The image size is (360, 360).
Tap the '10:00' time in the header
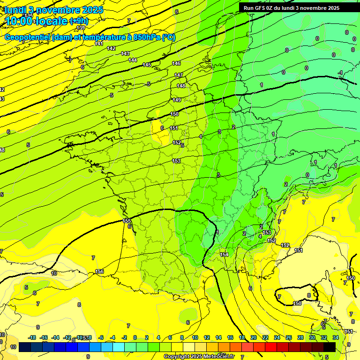[19, 21]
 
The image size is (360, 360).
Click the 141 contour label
[99, 44]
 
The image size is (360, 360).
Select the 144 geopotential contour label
[133, 60]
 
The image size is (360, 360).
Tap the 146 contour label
[176, 63]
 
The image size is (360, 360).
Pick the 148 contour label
[181, 86]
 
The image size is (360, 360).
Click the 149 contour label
[177, 100]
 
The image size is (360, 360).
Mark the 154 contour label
[224, 255]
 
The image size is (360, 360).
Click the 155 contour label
[127, 221]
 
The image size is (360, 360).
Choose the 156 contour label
[99, 271]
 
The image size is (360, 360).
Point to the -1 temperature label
[340, 72]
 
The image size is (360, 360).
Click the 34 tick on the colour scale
[335, 337]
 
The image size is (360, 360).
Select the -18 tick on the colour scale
[32, 337]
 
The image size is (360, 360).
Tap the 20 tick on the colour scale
[253, 337]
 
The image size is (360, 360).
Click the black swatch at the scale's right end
[330, 347]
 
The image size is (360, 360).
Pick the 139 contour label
[81, 28]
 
